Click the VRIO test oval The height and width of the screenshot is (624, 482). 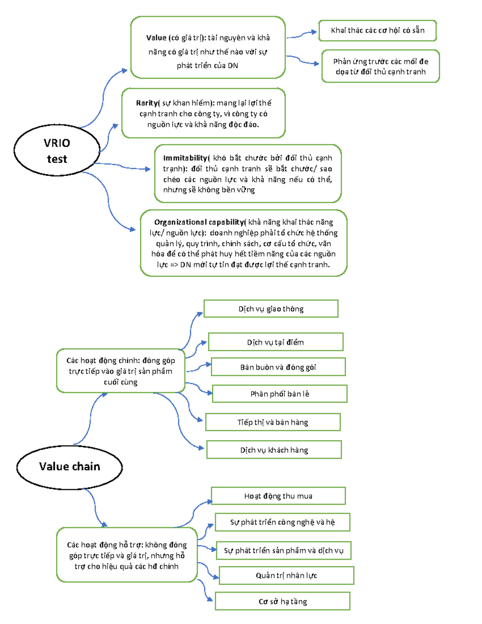pos(57,150)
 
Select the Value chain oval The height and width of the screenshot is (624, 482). pos(69,467)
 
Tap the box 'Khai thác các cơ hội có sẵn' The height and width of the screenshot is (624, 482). pos(377,31)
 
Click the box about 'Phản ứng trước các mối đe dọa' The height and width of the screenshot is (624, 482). pos(380,66)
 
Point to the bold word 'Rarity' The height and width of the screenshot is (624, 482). pos(147,103)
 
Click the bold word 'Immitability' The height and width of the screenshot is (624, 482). pos(185,158)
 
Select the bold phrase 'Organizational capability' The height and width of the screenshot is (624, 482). pos(199,222)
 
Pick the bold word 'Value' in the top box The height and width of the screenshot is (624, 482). pos(156,38)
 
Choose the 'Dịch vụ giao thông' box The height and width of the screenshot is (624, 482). pos(271,309)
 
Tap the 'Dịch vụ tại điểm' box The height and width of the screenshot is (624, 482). pos(276,342)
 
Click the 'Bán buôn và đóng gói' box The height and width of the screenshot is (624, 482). pos(278,367)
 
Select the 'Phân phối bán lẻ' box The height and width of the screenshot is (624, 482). pos(280,394)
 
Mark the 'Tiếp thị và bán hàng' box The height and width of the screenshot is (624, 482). pos(273,422)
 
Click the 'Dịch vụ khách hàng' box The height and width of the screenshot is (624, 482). pos(274,450)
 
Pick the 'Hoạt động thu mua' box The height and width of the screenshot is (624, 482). pos(278,496)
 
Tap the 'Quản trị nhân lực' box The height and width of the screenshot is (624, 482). pos(286,575)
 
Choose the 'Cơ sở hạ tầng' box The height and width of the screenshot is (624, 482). pos(282,601)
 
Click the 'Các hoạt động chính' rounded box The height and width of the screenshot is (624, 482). pos(120,371)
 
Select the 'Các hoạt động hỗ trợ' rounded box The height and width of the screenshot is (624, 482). pos(127,555)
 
